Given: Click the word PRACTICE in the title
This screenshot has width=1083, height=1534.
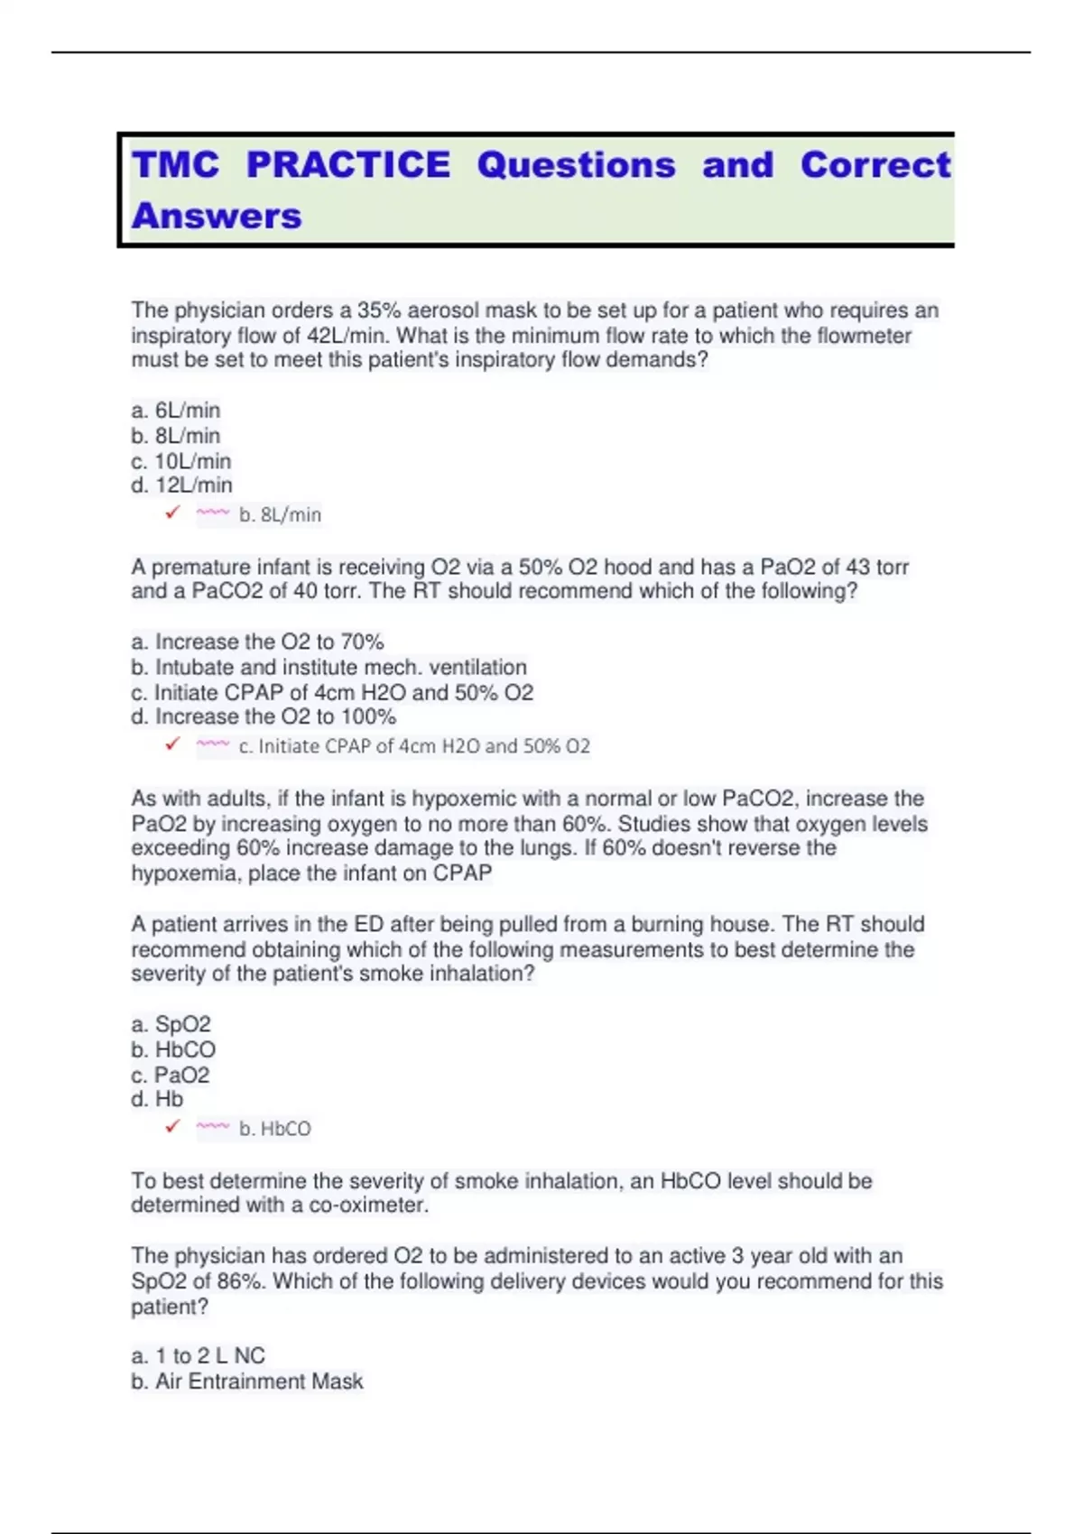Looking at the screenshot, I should (x=347, y=165).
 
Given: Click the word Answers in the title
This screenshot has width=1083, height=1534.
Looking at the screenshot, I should (x=217, y=217).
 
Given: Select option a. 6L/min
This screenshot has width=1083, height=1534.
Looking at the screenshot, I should (x=176, y=411).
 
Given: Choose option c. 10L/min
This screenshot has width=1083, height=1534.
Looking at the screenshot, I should (x=181, y=461).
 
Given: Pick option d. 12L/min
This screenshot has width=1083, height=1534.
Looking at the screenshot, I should (x=181, y=485).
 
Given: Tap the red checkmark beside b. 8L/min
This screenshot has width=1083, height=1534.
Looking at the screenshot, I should (x=172, y=513).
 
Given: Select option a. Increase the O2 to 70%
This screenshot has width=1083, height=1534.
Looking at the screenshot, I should (x=257, y=642).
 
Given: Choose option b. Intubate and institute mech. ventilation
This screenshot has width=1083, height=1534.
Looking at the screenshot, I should (x=329, y=668).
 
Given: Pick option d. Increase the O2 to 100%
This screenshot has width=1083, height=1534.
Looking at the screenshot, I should (x=264, y=717).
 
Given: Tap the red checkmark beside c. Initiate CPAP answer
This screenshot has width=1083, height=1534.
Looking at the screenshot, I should (x=172, y=744).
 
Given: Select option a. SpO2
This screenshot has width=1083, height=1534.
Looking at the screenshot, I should (x=171, y=1025).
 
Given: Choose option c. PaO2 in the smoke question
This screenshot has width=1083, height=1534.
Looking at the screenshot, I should (x=171, y=1076).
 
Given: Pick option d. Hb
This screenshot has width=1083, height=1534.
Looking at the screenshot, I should (x=157, y=1100).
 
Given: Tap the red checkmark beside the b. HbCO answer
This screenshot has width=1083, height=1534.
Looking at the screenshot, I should (x=172, y=1127).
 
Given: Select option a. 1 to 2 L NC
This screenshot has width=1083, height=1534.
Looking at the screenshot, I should (x=199, y=1356).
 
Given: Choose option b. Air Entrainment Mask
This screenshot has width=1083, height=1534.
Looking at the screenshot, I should (x=247, y=1382).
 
